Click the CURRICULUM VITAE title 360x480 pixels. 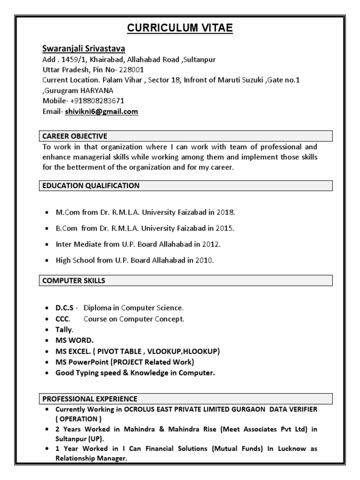click(180, 29)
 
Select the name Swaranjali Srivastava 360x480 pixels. click(83, 49)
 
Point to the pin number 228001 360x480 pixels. click(137, 70)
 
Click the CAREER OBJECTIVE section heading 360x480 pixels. click(75, 136)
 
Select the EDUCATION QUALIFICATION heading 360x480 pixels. click(91, 186)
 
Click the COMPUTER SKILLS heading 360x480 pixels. click(74, 281)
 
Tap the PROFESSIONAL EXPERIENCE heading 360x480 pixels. click(90, 399)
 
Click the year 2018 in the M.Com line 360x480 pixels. click(225, 212)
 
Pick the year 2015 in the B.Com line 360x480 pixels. click(225, 228)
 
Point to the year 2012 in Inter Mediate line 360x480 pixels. click(211, 244)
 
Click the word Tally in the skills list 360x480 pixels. click(64, 330)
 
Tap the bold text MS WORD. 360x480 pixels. click(75, 340)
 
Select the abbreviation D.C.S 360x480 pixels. click(65, 308)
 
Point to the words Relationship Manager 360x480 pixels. click(85, 458)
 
